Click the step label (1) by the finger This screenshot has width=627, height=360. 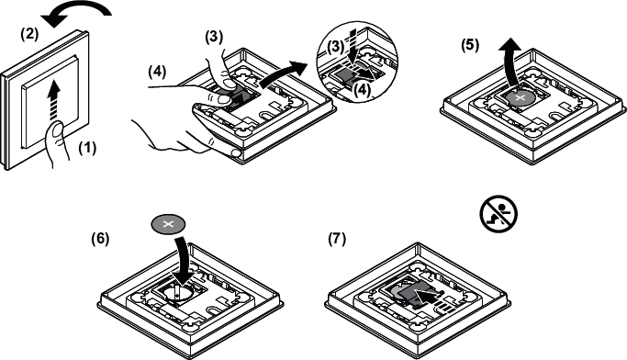tap(87, 149)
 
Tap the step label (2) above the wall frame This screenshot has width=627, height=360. tap(29, 35)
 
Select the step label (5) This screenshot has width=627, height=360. tap(470, 45)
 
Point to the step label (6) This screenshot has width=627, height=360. tap(100, 239)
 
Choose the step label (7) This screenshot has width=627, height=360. tap(337, 239)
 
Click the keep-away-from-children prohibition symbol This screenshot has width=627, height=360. tap(498, 213)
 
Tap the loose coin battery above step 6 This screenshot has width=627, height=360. tap(168, 224)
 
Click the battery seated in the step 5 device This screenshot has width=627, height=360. tap(520, 97)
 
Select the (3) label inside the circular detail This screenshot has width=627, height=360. tap(335, 48)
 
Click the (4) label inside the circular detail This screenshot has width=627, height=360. tap(362, 90)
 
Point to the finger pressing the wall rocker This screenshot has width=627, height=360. tap(57, 145)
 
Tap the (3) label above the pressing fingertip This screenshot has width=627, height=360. tap(214, 38)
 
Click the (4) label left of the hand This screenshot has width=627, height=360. tap(157, 72)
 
